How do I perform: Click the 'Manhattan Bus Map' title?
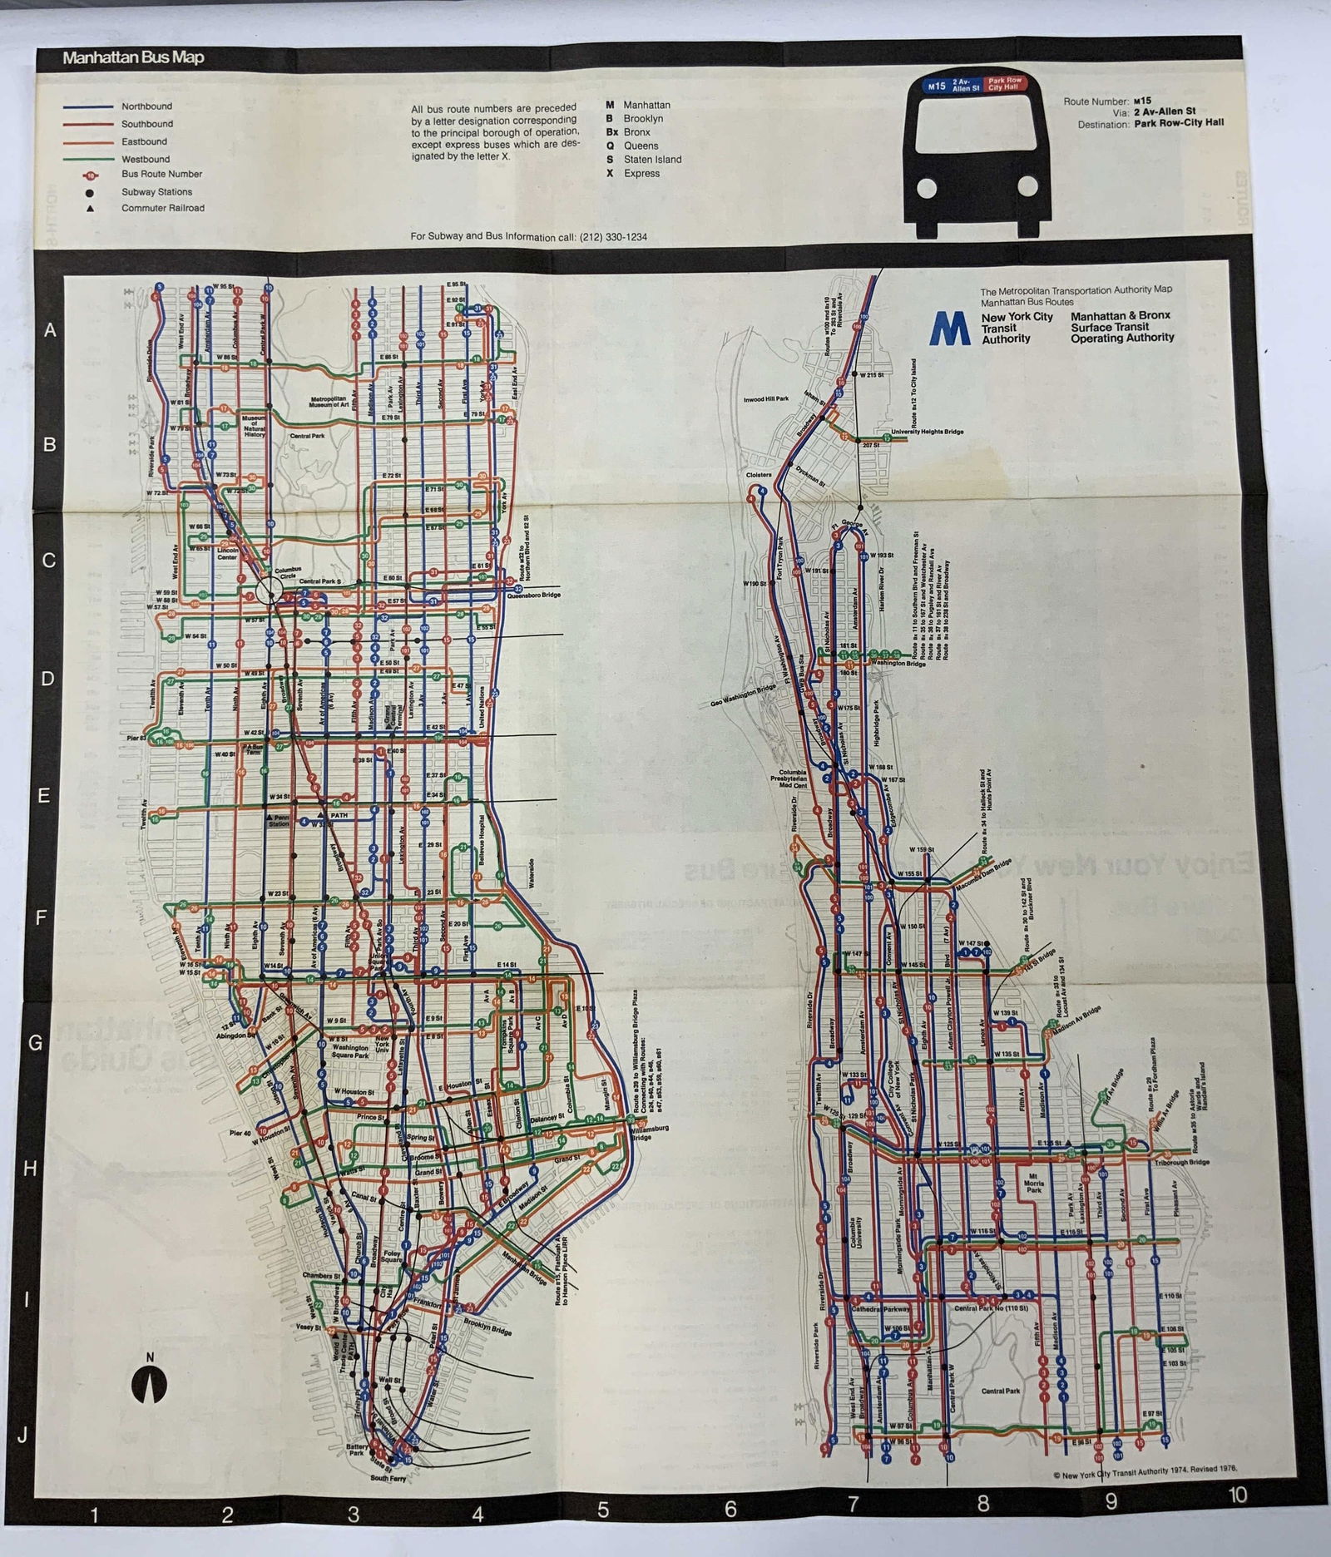(134, 58)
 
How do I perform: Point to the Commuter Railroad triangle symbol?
(89, 209)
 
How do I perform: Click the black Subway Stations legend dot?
(89, 192)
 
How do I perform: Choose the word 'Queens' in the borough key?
(641, 146)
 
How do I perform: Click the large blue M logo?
(950, 328)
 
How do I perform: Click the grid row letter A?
(51, 330)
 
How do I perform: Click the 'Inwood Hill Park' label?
(765, 399)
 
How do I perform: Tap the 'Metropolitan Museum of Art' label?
(328, 402)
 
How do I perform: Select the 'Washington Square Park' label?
(350, 1052)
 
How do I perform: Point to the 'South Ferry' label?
(388, 1478)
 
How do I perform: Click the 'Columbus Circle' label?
(287, 574)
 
